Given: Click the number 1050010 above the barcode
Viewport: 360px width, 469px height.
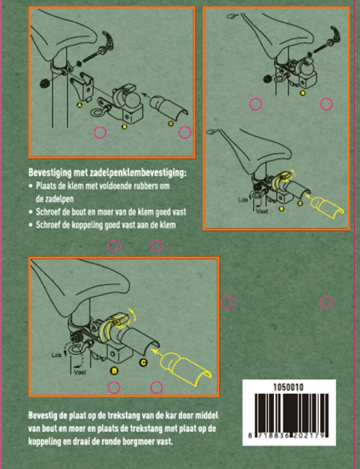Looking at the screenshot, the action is pos(289,387).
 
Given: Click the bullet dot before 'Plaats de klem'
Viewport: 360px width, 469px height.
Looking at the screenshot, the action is pos(31,186).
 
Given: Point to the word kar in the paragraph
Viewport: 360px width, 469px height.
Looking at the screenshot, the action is pos(169,415).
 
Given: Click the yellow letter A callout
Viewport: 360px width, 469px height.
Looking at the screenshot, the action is pos(80,105).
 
